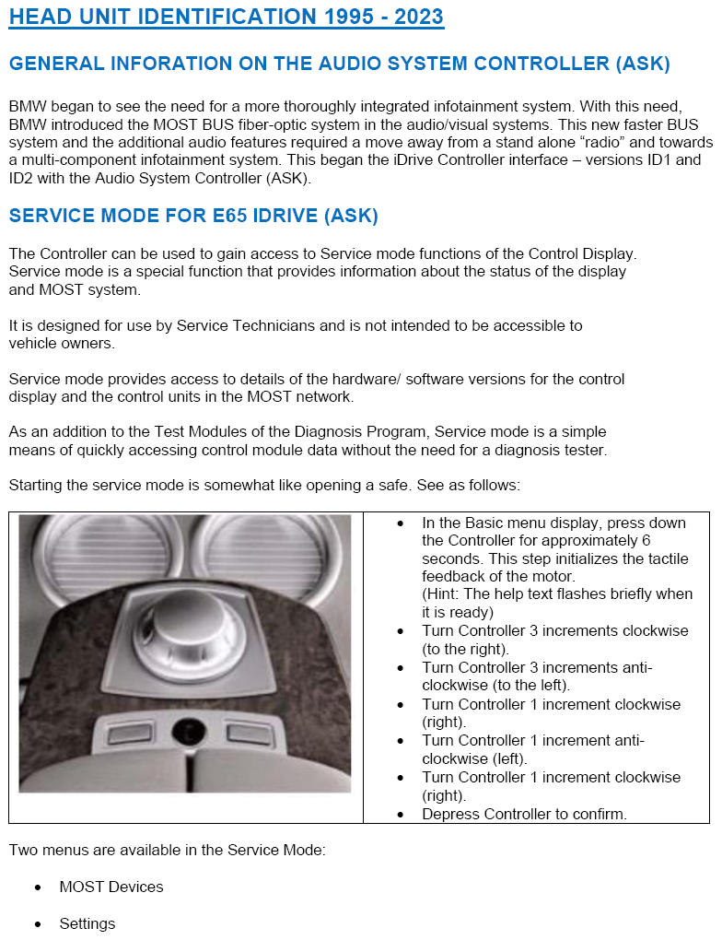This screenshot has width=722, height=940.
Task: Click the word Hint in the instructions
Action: pyautogui.click(x=443, y=594)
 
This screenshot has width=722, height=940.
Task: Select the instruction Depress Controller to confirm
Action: pyautogui.click(x=524, y=814)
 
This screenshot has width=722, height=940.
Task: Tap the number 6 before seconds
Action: pyautogui.click(x=646, y=541)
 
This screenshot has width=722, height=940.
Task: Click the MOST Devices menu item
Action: pyautogui.click(x=111, y=887)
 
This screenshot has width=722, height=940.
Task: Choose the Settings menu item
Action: pyautogui.click(x=87, y=923)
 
